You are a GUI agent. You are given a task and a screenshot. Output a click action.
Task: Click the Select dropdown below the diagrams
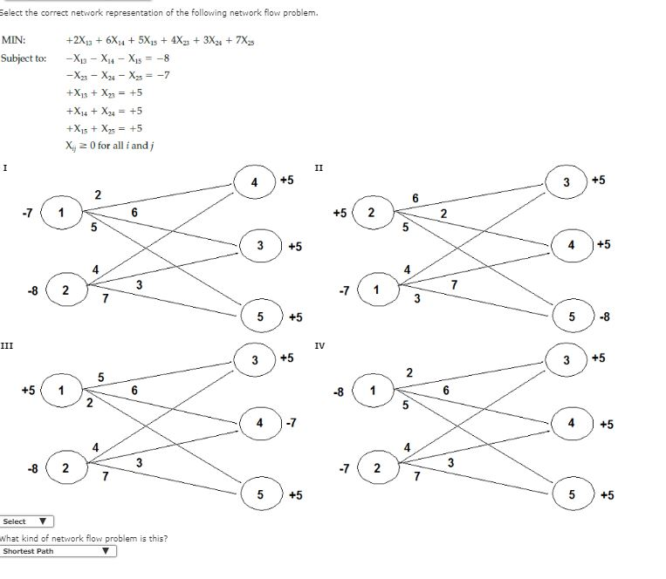click(x=27, y=521)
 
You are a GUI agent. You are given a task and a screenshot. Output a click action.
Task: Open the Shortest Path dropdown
click(x=58, y=551)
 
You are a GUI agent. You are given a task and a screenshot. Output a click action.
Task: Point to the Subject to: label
click(x=24, y=58)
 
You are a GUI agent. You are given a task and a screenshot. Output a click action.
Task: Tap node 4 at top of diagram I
click(x=254, y=183)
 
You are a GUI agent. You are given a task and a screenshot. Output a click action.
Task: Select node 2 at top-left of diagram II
click(x=372, y=213)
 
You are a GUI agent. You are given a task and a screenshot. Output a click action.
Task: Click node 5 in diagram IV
click(x=572, y=495)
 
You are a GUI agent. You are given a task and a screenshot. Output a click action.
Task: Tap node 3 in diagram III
click(x=254, y=360)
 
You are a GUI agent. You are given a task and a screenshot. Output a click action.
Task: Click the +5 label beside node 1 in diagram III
click(x=29, y=391)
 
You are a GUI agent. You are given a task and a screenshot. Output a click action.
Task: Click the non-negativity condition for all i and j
click(x=110, y=145)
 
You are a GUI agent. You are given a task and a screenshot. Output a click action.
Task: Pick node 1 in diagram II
click(x=375, y=289)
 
